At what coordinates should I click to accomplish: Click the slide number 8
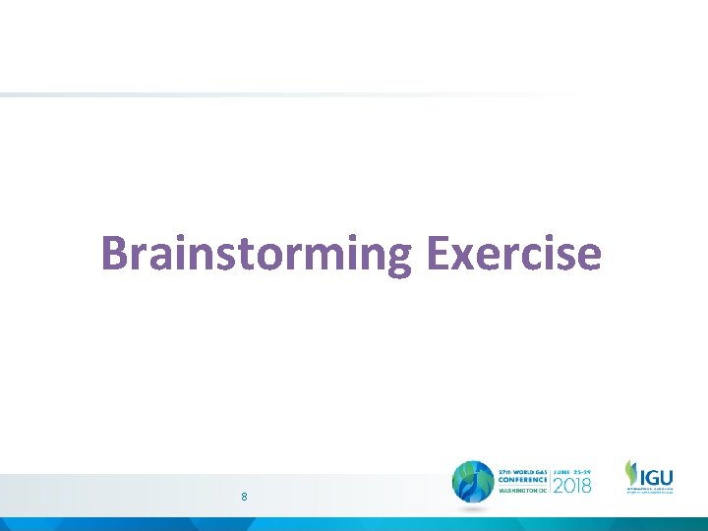pos(244,498)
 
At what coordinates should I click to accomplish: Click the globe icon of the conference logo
pos(473,482)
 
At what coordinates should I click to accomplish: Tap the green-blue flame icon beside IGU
pos(631,473)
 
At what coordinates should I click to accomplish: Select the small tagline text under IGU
pos(649,489)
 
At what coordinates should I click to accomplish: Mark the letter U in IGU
pos(666,474)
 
